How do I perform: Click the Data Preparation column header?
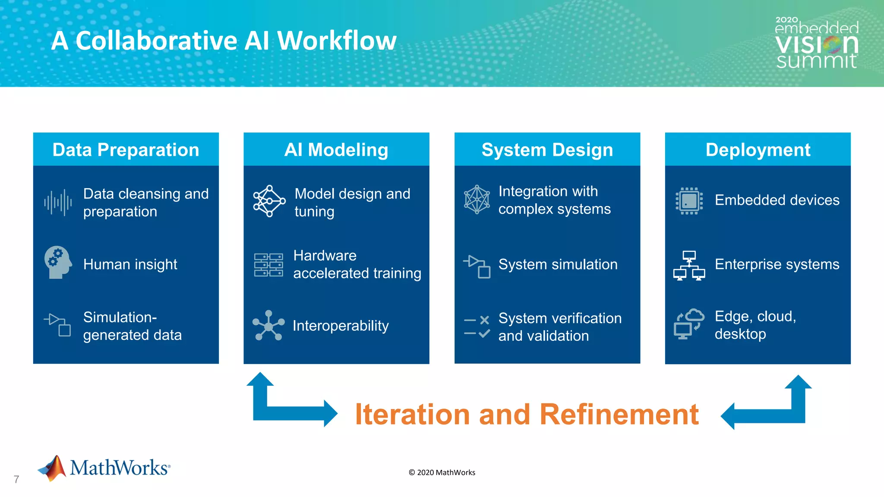click(126, 150)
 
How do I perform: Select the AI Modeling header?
click(336, 150)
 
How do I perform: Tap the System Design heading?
click(547, 150)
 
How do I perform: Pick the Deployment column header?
click(758, 150)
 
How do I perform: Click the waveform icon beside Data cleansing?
click(58, 202)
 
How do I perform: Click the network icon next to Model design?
click(269, 201)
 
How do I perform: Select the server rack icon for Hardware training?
click(268, 264)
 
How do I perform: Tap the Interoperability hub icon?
click(268, 326)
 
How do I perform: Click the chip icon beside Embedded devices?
click(689, 201)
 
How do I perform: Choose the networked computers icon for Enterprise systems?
click(689, 265)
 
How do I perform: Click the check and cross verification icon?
click(477, 327)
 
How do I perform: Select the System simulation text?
click(558, 264)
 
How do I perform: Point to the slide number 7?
click(16, 479)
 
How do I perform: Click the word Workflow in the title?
click(337, 41)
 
